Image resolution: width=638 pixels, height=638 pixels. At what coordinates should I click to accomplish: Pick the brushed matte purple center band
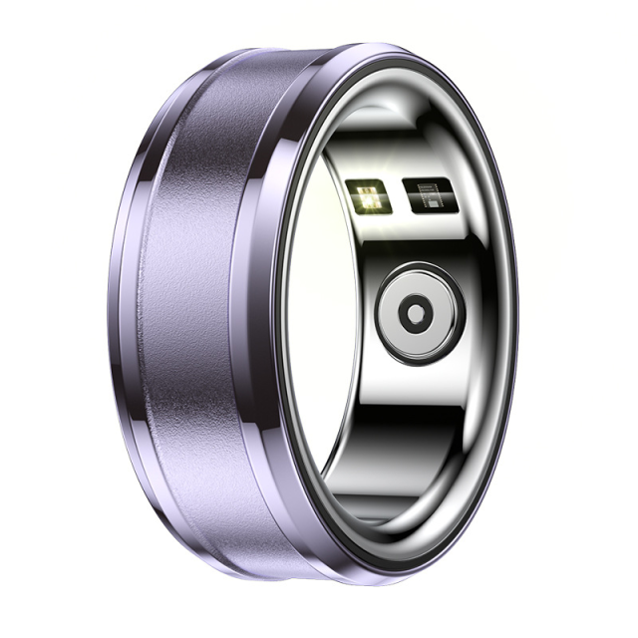(x=189, y=319)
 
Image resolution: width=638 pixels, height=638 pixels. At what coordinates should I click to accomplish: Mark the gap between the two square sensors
(x=393, y=195)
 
